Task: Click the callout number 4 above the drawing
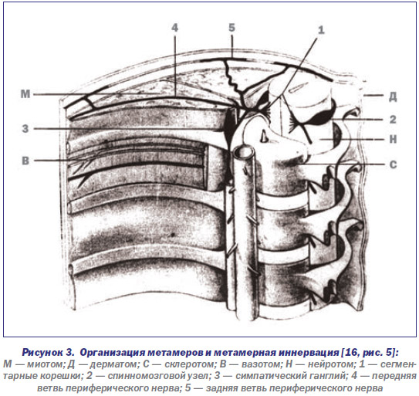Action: coord(174,28)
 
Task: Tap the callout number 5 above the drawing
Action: coord(231,28)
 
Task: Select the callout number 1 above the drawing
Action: coord(321,30)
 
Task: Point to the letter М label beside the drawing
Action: coord(25,94)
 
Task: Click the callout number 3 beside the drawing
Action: coord(25,129)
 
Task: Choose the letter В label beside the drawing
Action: coord(25,161)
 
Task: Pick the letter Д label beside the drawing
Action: coord(393,96)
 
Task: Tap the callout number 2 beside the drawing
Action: coord(393,120)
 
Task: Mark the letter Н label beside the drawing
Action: coord(393,139)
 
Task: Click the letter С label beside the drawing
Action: coord(393,164)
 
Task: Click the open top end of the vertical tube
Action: coord(244,152)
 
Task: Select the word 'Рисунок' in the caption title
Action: coord(48,353)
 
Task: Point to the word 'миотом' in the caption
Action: coord(45,364)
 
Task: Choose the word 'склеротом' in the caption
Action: coord(190,364)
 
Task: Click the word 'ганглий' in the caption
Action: coord(325,376)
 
